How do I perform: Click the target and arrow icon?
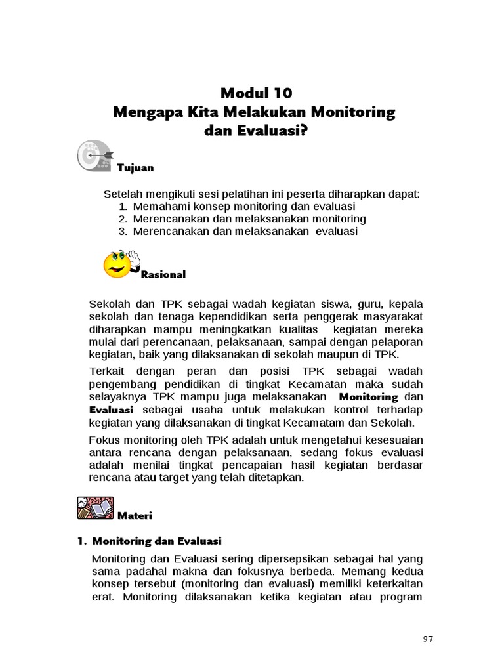click(x=94, y=156)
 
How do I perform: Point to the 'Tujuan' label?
click(x=135, y=168)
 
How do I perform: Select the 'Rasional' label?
click(x=163, y=275)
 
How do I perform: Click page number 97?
click(x=428, y=640)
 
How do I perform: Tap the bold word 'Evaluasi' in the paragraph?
click(x=111, y=410)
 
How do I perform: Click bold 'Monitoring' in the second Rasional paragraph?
click(x=369, y=398)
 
